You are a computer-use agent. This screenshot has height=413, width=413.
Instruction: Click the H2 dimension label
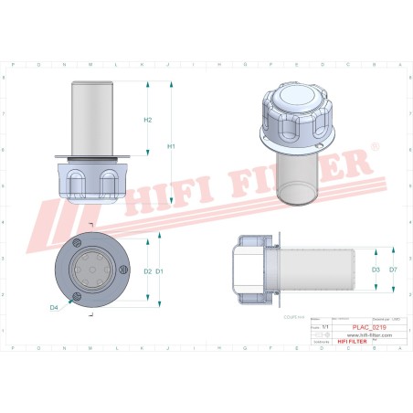coord(147,120)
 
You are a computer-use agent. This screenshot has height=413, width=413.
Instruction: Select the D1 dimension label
coord(160,271)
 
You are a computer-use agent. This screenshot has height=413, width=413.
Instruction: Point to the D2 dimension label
coord(147,271)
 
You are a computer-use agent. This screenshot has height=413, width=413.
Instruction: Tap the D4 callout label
coord(54,308)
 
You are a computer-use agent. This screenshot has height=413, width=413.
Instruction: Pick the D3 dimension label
coord(376,270)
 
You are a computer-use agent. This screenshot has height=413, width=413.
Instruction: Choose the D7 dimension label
coord(393,270)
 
